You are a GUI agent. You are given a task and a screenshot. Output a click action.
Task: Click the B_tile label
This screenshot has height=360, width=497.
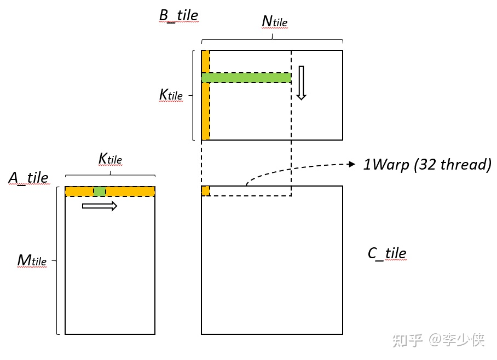(178, 15)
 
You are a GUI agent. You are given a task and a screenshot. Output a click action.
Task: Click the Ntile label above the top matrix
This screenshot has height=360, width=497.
(274, 21)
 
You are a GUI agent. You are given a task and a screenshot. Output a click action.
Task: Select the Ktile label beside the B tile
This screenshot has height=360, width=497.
(171, 95)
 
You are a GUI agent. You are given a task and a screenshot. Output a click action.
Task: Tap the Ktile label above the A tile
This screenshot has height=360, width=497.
(110, 159)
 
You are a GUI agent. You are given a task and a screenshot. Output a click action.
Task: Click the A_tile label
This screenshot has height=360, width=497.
(28, 178)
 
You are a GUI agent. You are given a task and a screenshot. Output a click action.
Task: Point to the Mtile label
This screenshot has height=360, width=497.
(32, 260)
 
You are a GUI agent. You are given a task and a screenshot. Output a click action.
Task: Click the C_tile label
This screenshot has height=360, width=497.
(387, 253)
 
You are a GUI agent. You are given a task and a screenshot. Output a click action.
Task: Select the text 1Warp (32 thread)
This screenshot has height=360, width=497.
(427, 165)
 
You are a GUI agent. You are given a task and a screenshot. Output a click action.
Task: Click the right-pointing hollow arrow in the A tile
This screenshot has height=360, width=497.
(100, 206)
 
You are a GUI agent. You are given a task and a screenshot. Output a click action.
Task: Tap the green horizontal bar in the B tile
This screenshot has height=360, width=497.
(246, 78)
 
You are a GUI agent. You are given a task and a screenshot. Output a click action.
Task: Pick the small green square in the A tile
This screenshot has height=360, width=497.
(100, 191)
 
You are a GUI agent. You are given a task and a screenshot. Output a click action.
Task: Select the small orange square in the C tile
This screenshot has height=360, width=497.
(205, 191)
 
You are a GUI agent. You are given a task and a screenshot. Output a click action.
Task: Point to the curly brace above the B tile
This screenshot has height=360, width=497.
(272, 39)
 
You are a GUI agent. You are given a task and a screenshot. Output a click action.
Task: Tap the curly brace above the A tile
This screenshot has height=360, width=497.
(110, 175)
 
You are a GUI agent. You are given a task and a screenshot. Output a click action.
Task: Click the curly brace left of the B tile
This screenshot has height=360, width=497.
(194, 95)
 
